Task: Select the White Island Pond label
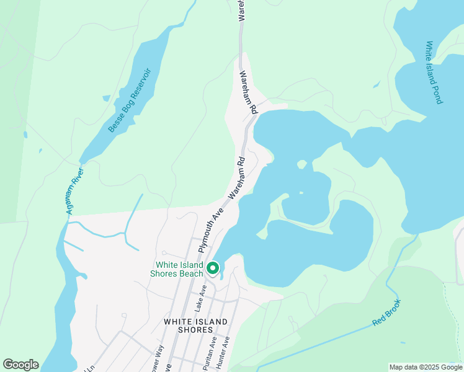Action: tap(434, 72)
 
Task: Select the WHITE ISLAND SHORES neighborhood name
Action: tap(195, 326)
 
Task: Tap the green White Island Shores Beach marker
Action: tap(213, 268)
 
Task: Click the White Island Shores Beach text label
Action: tap(179, 269)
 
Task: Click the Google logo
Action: tap(20, 365)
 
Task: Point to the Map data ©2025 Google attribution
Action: tap(426, 367)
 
